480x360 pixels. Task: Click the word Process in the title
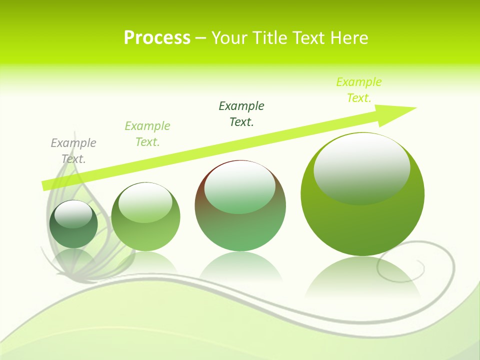(x=157, y=38)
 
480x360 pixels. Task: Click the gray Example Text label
(x=73, y=151)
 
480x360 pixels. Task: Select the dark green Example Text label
(x=241, y=114)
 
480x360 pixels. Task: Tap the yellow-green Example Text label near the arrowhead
(x=359, y=90)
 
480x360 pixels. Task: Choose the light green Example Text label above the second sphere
(x=147, y=134)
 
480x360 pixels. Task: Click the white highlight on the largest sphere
(x=361, y=169)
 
